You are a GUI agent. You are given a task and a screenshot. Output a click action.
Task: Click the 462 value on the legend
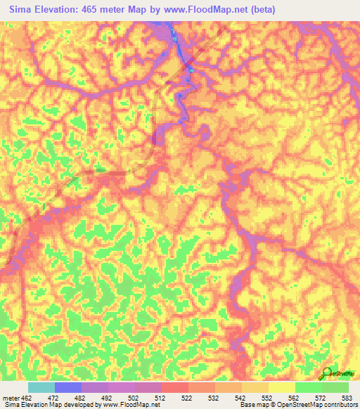(27, 398)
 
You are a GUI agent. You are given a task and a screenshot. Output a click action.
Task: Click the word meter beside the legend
(10, 398)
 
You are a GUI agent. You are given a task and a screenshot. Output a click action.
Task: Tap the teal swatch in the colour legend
(41, 387)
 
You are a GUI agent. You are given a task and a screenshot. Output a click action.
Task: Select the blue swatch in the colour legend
(67, 387)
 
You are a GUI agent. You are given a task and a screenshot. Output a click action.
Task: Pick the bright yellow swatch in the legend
(281, 387)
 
